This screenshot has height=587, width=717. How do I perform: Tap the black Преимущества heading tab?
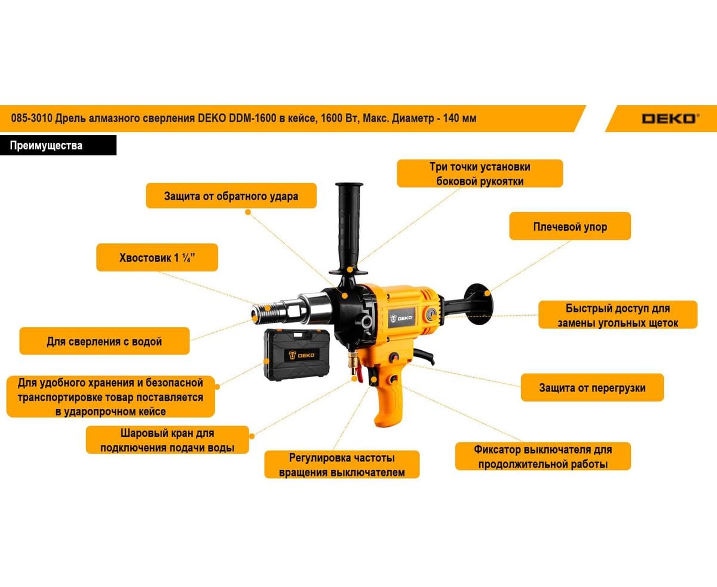coord(58,145)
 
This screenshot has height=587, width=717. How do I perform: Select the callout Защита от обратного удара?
coord(231,196)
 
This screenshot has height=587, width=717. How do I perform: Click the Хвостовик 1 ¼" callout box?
coord(157,258)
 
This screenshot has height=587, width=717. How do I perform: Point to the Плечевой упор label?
coord(570,227)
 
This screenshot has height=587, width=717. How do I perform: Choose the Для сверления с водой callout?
coord(105,341)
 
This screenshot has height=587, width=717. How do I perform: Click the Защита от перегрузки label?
coord(592,388)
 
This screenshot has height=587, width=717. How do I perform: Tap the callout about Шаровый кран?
coord(167,440)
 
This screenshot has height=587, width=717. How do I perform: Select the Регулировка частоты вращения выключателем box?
coord(342,464)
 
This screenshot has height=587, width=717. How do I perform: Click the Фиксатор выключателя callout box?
coord(543,457)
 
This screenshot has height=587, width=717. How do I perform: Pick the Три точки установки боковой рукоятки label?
coord(480,173)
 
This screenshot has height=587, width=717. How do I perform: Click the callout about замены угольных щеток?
coord(618,315)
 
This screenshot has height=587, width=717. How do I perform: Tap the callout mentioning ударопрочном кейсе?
coord(111,397)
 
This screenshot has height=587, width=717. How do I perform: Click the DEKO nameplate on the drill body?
coord(402,318)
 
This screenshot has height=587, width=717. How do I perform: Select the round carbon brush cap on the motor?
coord(431,314)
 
